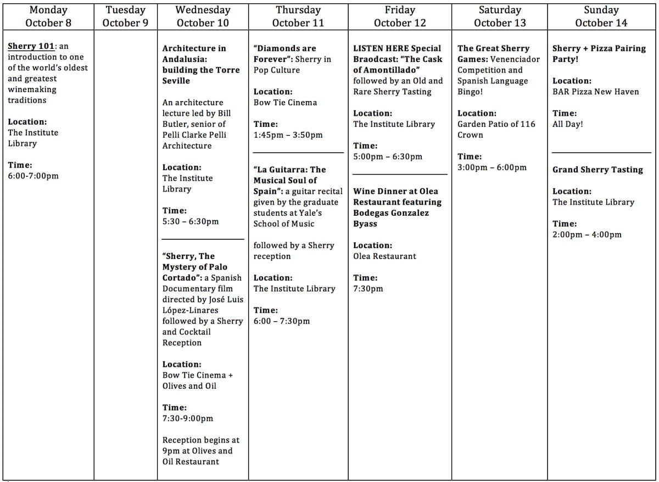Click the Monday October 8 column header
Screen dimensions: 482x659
point(48,16)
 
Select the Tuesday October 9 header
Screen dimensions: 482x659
point(125,16)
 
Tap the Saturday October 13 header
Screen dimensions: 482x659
point(499,16)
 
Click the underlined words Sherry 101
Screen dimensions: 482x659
point(30,46)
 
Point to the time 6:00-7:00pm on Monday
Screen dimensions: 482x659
point(33,176)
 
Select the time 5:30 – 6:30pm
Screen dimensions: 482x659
point(190,221)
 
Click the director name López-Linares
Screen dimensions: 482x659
point(189,310)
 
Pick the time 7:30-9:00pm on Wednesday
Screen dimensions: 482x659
point(187,418)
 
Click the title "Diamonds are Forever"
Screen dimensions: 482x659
point(284,54)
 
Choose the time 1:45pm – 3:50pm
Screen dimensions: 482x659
point(288,135)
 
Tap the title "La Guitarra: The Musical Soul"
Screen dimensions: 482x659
point(289,175)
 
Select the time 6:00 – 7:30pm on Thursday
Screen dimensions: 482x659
point(281,321)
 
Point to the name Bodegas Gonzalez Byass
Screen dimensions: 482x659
point(390,218)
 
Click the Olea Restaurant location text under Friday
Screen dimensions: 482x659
point(384,256)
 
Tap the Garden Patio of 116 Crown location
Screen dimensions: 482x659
point(496,130)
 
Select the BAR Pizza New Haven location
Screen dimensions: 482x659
point(595,92)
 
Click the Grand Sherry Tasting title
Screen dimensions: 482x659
point(597,170)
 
